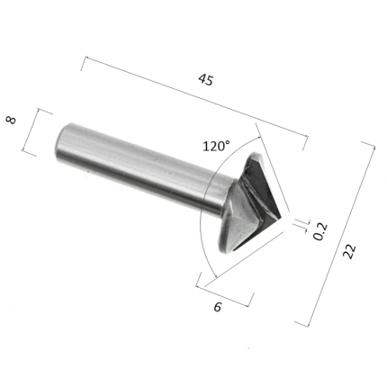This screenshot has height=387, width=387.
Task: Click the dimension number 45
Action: coord(206,80)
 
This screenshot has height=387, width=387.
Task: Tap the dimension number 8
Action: coord(11,121)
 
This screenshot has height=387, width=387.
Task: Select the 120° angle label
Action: coord(217,146)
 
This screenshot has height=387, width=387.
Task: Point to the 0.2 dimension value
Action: coord(320,231)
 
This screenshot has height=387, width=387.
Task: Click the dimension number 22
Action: coord(349,251)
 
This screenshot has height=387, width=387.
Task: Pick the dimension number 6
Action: coord(218,307)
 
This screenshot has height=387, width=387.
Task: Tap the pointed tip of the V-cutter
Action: coord(281,216)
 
